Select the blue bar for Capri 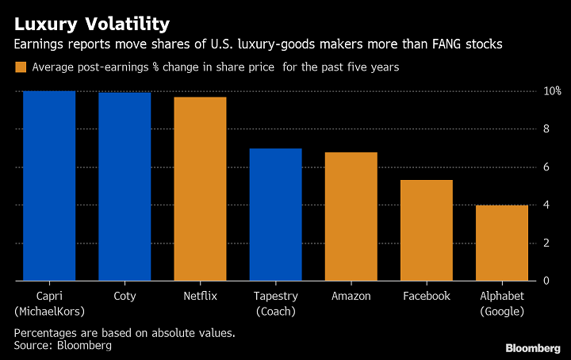pyautogui.click(x=49, y=186)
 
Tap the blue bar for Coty pyautogui.click(x=125, y=186)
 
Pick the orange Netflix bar pyautogui.click(x=200, y=189)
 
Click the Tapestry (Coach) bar pyautogui.click(x=275, y=214)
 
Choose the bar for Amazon pyautogui.click(x=351, y=216)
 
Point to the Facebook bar pyautogui.click(x=426, y=230)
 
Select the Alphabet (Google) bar pyautogui.click(x=502, y=243)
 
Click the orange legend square pyautogui.click(x=20, y=67)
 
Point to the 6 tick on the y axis pyautogui.click(x=546, y=167)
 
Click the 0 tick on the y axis pyautogui.click(x=546, y=281)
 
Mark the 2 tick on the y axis pyautogui.click(x=546, y=243)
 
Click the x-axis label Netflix pyautogui.click(x=200, y=296)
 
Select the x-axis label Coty pyautogui.click(x=125, y=296)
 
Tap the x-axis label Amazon pyautogui.click(x=351, y=296)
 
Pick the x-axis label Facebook pyautogui.click(x=426, y=296)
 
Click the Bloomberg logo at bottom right pyautogui.click(x=534, y=347)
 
